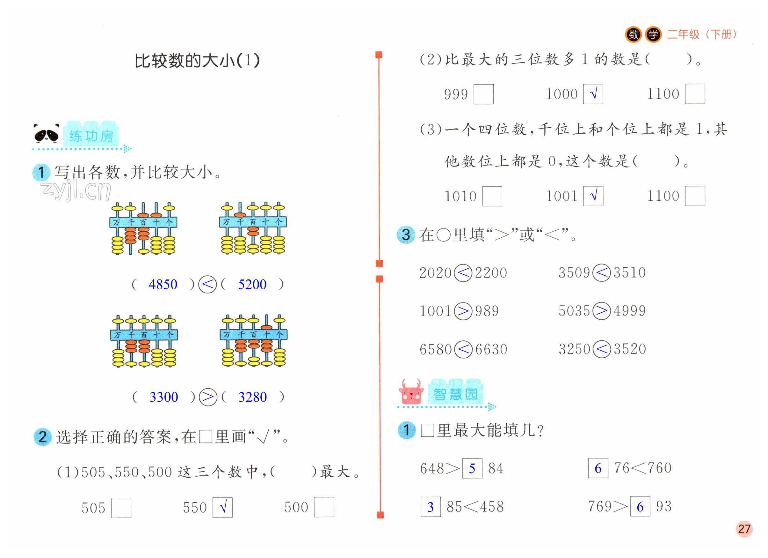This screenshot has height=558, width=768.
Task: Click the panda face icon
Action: tap(47, 134)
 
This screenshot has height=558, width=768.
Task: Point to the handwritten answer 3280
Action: tap(253, 397)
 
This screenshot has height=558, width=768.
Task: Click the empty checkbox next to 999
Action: tap(483, 94)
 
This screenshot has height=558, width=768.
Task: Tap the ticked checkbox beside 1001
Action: tap(593, 196)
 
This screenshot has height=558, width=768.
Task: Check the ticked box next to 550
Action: tap(222, 508)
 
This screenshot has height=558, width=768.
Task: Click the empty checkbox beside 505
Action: tap(121, 508)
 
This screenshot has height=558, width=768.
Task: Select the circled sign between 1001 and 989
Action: tap(463, 311)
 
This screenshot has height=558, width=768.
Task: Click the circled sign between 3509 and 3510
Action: tap(602, 272)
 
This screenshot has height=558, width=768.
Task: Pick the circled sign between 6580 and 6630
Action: tap(463, 349)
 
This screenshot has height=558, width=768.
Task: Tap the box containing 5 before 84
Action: tap(472, 468)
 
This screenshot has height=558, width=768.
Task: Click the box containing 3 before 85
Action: tap(431, 507)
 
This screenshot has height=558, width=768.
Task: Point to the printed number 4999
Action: tap(630, 311)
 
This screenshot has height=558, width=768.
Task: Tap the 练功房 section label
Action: tap(91, 136)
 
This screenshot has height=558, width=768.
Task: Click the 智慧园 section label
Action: tap(455, 394)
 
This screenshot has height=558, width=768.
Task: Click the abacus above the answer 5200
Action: tap(253, 228)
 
